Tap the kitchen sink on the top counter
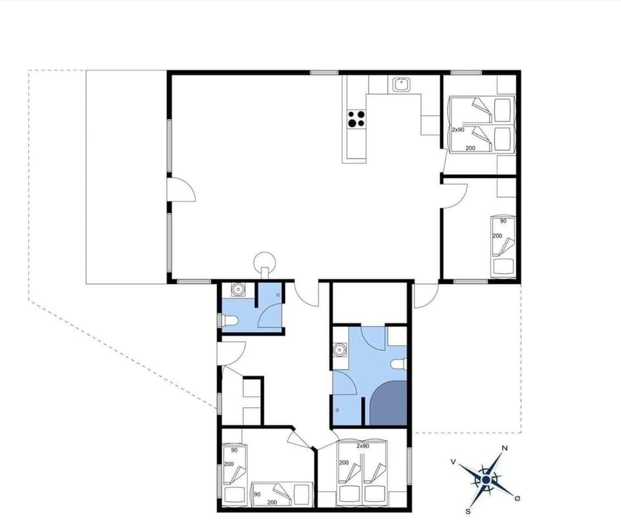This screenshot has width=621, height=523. tap(401, 83)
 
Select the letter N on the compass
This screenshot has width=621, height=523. tap(505, 449)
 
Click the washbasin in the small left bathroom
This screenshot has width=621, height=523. tap(237, 290)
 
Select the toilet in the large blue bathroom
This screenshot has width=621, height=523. tap(400, 364)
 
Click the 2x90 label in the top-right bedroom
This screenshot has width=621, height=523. tap(458, 129)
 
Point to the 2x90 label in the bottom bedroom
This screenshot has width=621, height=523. tap(362, 446)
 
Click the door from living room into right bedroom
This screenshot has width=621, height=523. tap(455, 195)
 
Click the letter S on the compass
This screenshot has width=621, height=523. tap(467, 511)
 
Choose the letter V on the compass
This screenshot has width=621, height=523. tap(453, 462)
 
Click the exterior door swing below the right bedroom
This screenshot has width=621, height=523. tap(424, 296)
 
